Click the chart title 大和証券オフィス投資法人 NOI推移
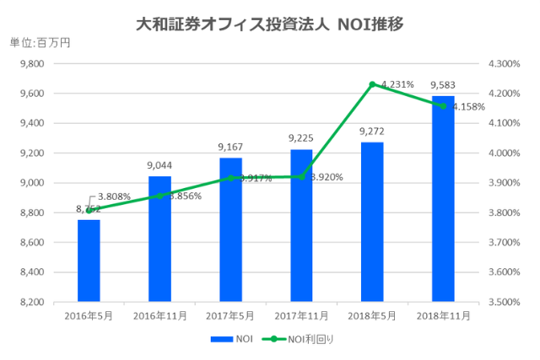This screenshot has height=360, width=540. click(x=269, y=24)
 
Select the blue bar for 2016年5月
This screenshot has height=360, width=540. click(x=89, y=261)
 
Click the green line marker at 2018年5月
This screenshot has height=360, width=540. click(x=372, y=84)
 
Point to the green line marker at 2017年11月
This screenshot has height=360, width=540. click(x=301, y=177)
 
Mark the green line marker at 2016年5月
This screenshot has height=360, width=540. click(x=89, y=210)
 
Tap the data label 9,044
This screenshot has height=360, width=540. click(x=159, y=166)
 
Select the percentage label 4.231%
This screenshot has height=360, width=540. click(x=397, y=84)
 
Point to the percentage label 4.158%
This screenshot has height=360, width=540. click(x=468, y=107)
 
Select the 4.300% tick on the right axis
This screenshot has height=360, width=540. click(x=505, y=64)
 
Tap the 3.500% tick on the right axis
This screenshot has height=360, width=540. click(x=505, y=302)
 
